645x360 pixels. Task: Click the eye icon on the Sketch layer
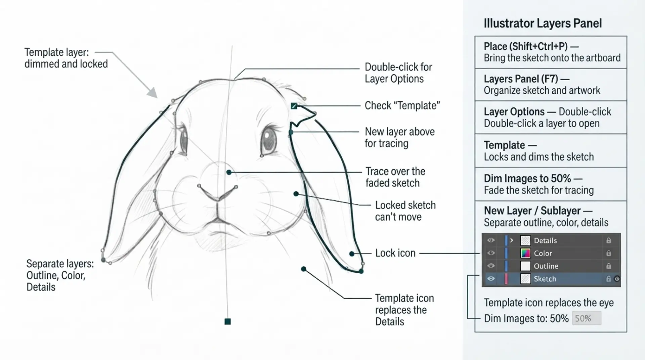491,279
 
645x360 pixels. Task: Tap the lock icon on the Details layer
608,240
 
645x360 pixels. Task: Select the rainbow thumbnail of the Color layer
525,253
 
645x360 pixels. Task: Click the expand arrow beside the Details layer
512,240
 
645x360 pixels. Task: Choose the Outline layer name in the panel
546,266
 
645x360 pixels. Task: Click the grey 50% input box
586,318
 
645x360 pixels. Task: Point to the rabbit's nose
218,193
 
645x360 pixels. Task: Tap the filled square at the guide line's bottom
227,322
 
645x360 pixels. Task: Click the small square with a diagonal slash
294,106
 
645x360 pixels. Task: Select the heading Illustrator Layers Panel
543,23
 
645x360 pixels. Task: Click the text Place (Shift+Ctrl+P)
525,46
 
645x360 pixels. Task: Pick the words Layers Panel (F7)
521,79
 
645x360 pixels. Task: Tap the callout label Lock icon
395,253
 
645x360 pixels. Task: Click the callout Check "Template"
402,105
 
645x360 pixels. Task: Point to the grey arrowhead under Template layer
153,93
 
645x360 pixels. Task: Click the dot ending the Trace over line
229,172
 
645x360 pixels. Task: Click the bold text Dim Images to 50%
527,178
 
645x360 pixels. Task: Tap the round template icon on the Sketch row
617,279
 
